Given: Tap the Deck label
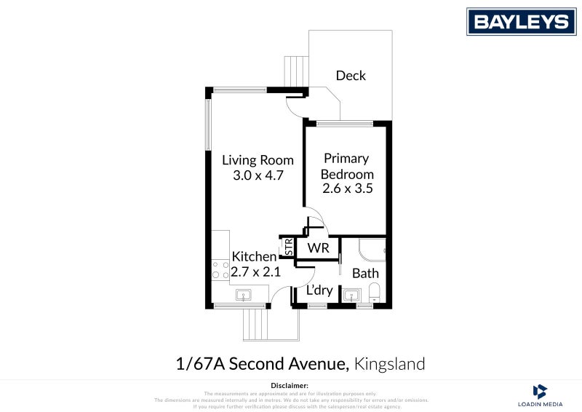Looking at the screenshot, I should click(351, 76).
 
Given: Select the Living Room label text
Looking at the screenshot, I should click(258, 160).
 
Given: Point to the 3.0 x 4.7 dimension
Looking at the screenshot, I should click(258, 175).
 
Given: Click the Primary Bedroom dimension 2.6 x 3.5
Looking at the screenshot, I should click(347, 189).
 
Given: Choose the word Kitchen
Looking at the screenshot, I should click(254, 257).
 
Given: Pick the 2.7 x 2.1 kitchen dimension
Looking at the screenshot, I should click(255, 273).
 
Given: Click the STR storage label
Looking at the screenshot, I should click(289, 247).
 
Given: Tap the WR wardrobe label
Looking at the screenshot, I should click(318, 248).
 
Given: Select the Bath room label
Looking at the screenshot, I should click(365, 274).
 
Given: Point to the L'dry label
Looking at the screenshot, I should click(319, 290).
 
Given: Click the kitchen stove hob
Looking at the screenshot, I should click(216, 269).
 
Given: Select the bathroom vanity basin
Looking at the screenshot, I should click(351, 296).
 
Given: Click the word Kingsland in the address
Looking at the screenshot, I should click(391, 363).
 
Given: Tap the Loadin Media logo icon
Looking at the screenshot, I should click(539, 390).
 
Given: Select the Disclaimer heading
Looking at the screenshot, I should click(290, 385).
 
